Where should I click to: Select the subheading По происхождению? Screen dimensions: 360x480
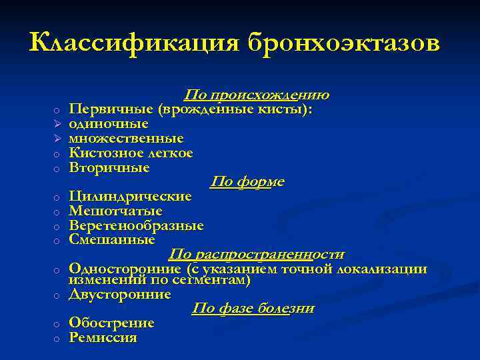pos(257,95)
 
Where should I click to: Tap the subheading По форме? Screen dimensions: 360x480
pos(247,182)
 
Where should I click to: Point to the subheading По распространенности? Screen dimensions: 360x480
pos(257,255)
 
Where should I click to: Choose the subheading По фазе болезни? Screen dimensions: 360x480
pos(253,309)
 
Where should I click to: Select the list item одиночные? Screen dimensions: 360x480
pos(109,123)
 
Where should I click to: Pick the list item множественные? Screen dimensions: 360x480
pos(126,138)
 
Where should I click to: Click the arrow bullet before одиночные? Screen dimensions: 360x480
pos(57,124)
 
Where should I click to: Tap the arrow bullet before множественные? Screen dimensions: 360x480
pos(57,139)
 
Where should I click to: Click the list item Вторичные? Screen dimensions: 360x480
pos(109,167)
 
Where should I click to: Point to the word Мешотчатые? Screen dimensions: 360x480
pos(115,211)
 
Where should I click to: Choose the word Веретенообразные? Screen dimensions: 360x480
pos(136,226)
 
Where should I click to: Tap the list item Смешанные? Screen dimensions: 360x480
pos(112,239)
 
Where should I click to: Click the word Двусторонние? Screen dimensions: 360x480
pos(120,294)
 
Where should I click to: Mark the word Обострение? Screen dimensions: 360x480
pos(111,323)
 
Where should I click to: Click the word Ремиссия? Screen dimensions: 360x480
pos(103,338)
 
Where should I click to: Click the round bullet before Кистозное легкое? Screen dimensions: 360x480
pos(58,154)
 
